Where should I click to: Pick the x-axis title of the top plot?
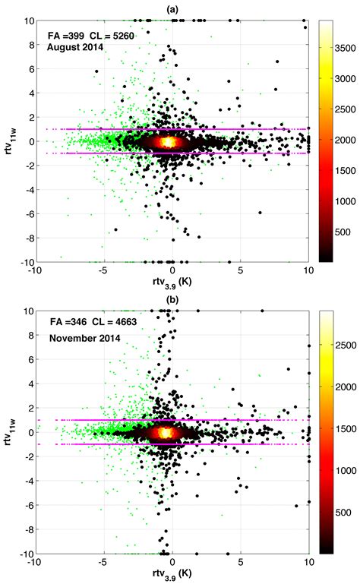pyautogui.click(x=172, y=285)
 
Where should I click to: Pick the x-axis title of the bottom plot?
pyautogui.click(x=172, y=577)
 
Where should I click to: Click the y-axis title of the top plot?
pyautogui.click(x=13, y=141)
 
